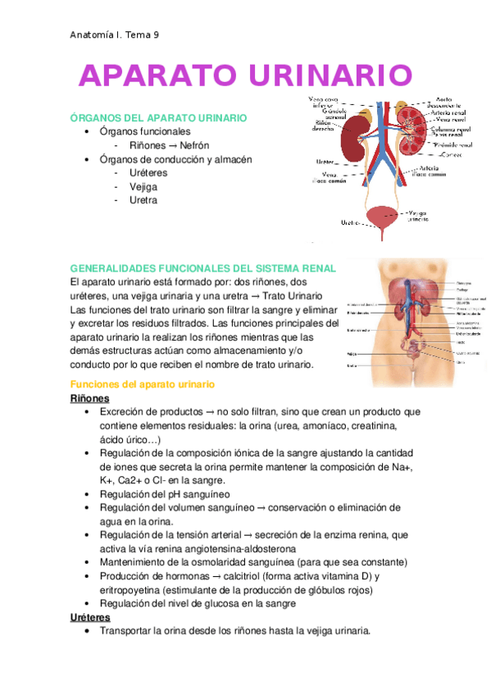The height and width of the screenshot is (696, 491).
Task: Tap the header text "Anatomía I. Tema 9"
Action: [x=115, y=34]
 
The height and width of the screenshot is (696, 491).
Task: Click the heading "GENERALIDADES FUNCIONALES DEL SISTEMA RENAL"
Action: [x=203, y=268]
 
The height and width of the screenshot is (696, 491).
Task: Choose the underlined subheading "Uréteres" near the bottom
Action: [x=93, y=617]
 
